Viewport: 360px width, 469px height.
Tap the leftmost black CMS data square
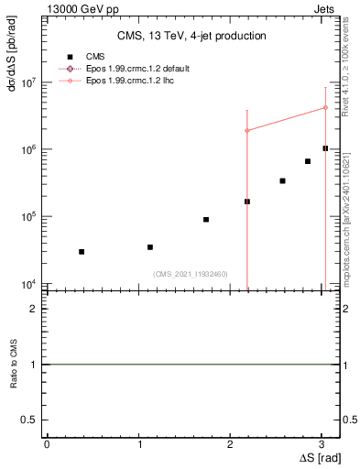(82, 252)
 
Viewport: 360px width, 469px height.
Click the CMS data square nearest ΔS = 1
(150, 247)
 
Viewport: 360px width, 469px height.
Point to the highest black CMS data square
(325, 148)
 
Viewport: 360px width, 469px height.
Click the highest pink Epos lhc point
(325, 107)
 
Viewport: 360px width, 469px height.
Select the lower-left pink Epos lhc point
(247, 131)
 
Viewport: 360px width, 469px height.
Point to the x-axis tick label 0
(47, 444)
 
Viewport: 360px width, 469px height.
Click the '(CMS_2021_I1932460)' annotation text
(191, 274)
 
